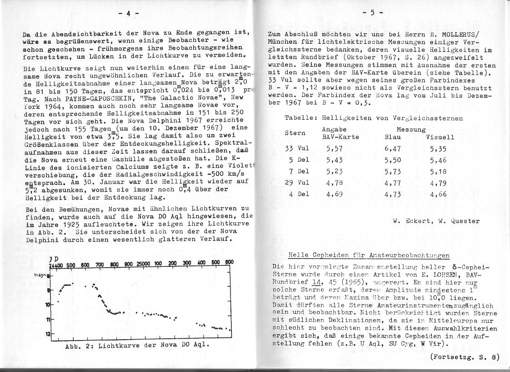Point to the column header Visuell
(440, 137)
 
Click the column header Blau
(392, 137)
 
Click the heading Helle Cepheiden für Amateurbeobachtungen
(369, 255)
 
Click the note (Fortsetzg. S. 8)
(464, 357)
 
